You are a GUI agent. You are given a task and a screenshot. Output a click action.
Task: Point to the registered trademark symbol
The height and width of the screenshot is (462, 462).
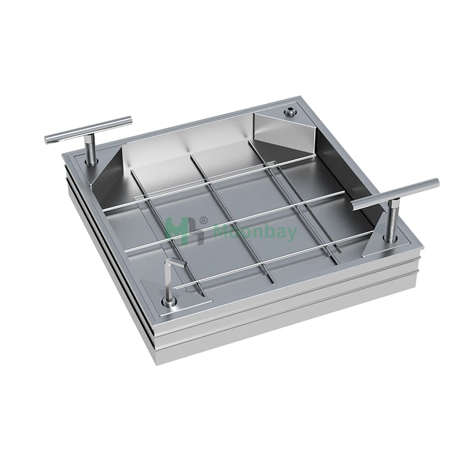[203, 220]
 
